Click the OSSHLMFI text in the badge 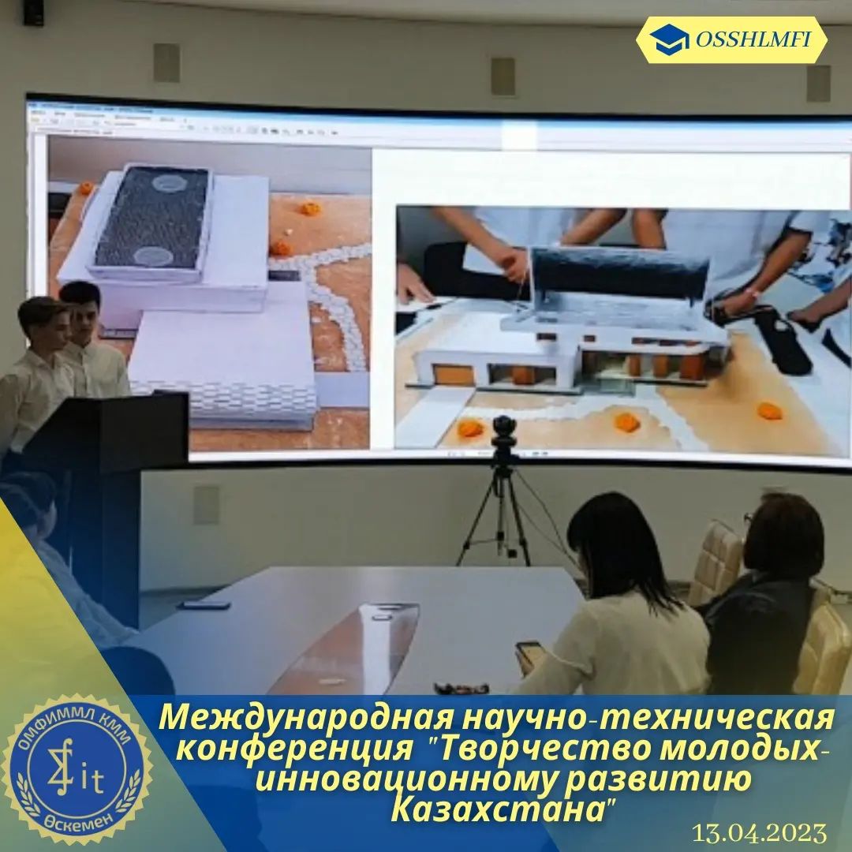(x=753, y=39)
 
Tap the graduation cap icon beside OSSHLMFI (x=669, y=39)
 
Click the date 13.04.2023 (x=759, y=833)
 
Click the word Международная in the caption (x=305, y=719)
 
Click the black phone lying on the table (x=206, y=605)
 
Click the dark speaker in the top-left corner (x=33, y=12)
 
